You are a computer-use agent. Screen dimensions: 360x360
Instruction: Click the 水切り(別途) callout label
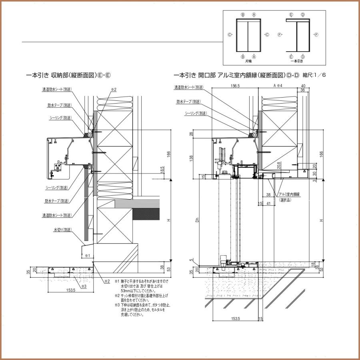point(62,230)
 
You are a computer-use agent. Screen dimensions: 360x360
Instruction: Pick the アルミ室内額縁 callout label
point(290,194)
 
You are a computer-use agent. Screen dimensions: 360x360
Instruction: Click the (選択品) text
point(286,200)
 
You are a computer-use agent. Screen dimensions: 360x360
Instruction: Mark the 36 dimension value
point(302,90)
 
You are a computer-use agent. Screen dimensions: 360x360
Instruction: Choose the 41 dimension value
point(269,204)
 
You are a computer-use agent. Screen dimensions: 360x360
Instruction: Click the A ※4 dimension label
point(278,86)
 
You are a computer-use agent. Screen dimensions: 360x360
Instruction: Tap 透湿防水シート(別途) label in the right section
point(189,87)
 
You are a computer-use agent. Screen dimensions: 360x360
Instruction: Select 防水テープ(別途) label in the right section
point(188,102)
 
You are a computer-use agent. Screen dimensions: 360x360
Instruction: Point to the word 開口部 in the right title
point(207,75)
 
